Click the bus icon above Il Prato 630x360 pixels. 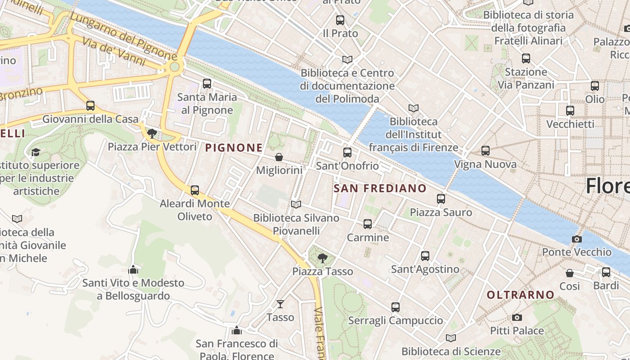[340, 20]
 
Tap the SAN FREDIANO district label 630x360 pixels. [380, 188]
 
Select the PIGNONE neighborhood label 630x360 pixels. [234, 148]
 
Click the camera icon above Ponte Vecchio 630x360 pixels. [576, 239]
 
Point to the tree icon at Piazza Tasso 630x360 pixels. [322, 258]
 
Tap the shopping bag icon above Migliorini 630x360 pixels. [279, 157]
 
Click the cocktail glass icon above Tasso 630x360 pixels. [280, 304]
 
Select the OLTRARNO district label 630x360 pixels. [521, 295]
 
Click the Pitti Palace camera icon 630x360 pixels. [517, 317]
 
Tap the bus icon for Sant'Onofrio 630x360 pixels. [347, 153]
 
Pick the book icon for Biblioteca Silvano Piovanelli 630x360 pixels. [296, 204]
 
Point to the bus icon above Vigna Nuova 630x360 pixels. [486, 151]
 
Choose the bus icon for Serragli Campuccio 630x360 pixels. [396, 307]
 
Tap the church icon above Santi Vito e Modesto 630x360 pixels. [133, 270]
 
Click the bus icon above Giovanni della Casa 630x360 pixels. [90, 106]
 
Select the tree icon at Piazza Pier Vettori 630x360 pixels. [152, 133]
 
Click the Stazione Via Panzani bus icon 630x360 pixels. [526, 58]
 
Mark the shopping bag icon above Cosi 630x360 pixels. [570, 273]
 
